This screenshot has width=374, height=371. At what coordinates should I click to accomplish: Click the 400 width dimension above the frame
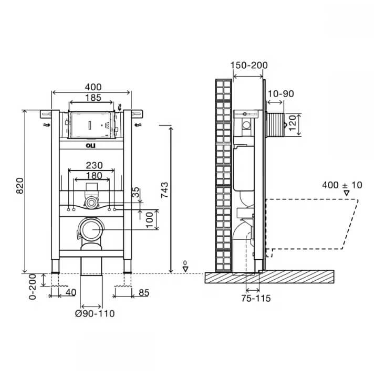(x=93, y=87)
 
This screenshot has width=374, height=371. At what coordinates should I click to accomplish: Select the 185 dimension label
(x=93, y=98)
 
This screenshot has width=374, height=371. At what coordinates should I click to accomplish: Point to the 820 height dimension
(x=20, y=186)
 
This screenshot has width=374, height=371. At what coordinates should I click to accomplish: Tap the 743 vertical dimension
(x=164, y=190)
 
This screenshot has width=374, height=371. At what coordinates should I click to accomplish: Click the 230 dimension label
(x=94, y=165)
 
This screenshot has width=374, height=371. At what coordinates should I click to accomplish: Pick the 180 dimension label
(x=94, y=176)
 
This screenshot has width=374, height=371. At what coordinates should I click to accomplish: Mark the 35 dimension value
(x=136, y=192)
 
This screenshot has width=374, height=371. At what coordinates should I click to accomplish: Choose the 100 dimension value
(x=149, y=220)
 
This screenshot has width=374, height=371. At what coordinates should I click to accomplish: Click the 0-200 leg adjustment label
(x=33, y=287)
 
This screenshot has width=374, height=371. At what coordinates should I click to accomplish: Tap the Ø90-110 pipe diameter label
(x=95, y=313)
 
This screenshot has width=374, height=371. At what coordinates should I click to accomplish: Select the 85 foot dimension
(x=144, y=293)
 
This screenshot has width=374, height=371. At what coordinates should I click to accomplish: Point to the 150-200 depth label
(x=249, y=65)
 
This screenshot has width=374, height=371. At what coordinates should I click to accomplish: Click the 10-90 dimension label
(x=280, y=93)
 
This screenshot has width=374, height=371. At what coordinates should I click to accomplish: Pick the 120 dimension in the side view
(x=293, y=123)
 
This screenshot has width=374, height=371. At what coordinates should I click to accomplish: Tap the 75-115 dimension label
(x=256, y=298)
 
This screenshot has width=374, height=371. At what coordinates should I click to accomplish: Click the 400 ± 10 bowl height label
(x=342, y=185)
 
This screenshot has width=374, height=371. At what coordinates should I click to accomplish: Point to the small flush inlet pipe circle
(x=91, y=203)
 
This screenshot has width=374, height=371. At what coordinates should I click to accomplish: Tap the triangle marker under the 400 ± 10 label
(x=346, y=193)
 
